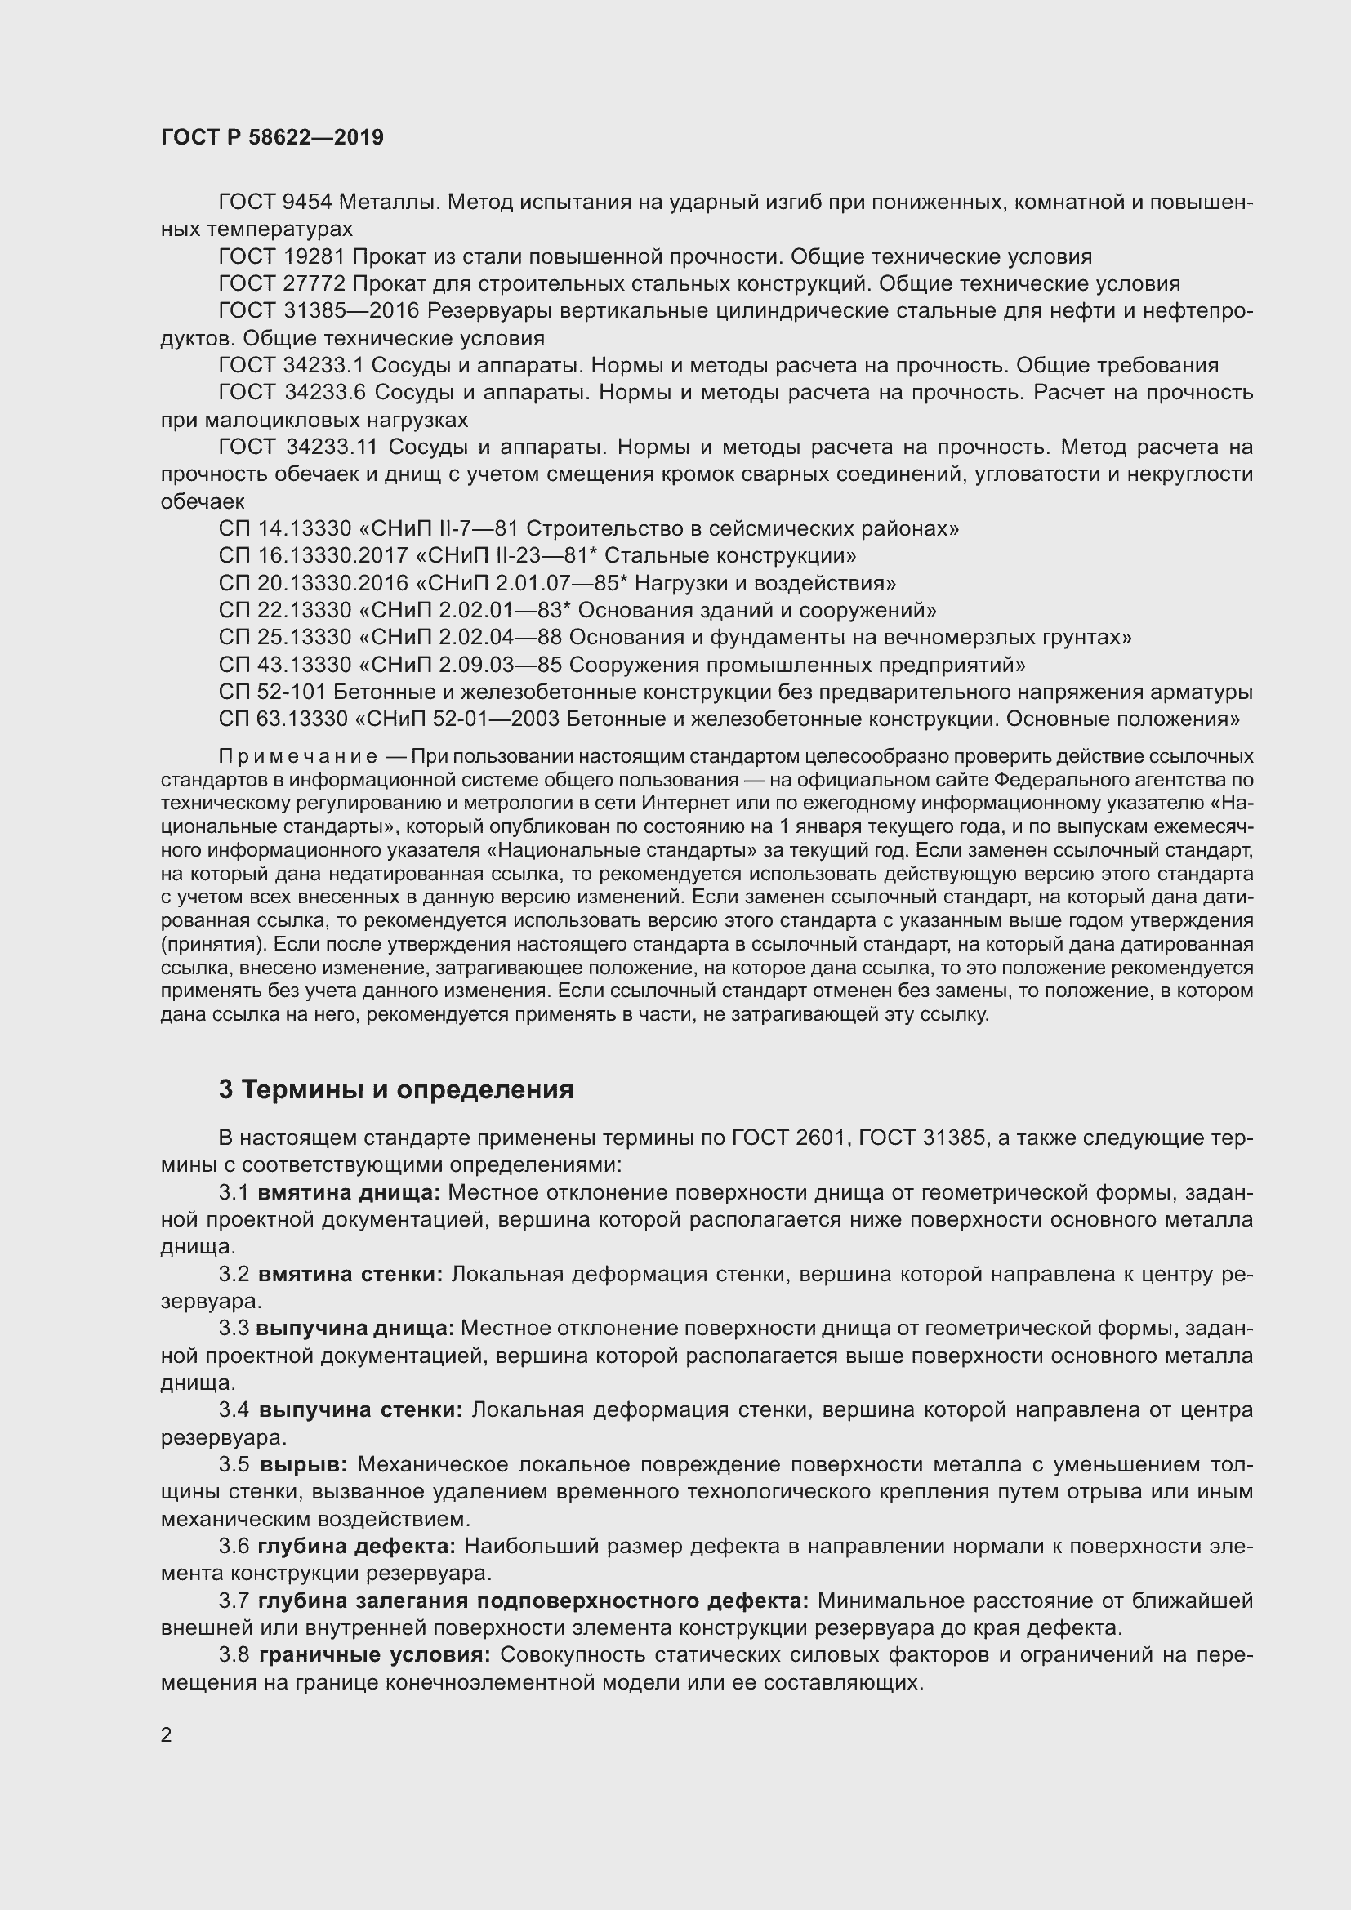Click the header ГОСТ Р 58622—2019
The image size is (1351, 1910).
pos(272,138)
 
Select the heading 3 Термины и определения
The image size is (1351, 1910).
pos(396,1089)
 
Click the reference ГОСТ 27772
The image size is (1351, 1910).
pos(281,283)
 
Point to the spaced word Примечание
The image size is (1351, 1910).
pos(298,757)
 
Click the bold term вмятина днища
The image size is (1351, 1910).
pos(350,1193)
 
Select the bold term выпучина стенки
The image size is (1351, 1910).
pos(361,1410)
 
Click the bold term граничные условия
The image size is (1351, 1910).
pos(375,1655)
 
